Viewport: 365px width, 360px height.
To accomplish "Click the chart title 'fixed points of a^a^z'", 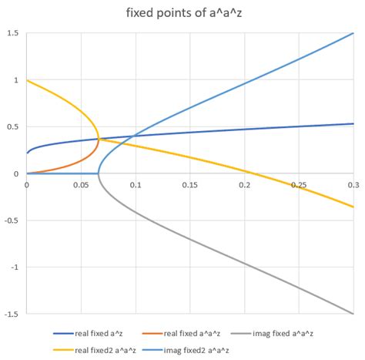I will [x=182, y=12].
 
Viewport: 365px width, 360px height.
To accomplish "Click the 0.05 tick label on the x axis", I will [x=81, y=185].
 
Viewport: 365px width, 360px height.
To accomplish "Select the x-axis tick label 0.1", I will [x=136, y=185].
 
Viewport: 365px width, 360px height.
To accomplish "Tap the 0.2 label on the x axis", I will [x=245, y=185].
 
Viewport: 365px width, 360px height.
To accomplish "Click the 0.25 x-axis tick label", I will [x=299, y=185].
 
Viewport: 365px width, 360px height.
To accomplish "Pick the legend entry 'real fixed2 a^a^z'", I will [x=103, y=348].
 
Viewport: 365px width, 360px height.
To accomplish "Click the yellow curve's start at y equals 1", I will [x=28, y=80].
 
